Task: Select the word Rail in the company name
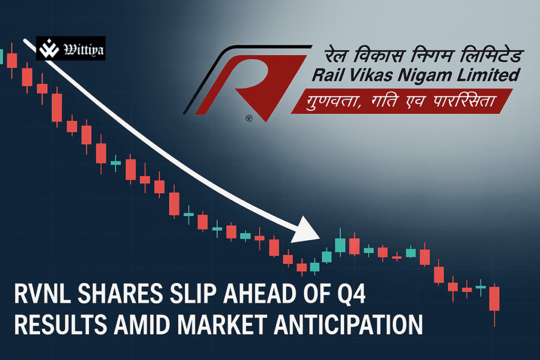coord(328,76)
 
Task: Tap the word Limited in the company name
coord(484,76)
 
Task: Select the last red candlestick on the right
coord(494,299)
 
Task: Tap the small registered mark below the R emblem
coord(249,118)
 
